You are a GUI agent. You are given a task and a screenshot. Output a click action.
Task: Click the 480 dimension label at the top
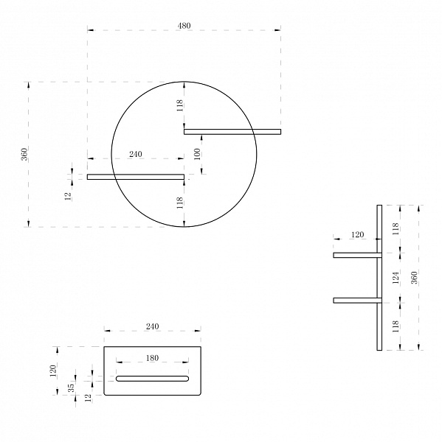click(x=184, y=26)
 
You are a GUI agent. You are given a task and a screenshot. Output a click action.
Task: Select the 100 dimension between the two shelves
click(x=198, y=154)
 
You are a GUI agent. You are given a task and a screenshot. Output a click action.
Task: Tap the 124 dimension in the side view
click(x=396, y=278)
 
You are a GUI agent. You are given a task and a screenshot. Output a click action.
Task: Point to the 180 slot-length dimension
click(x=152, y=358)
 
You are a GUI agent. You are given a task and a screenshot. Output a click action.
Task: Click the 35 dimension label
click(x=72, y=387)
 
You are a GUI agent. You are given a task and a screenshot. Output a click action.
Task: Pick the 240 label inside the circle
click(x=136, y=154)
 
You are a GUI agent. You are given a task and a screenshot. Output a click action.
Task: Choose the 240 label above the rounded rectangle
click(x=152, y=326)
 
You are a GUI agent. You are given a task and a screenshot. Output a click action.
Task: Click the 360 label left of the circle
click(x=24, y=154)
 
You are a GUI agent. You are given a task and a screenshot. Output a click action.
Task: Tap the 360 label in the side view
click(x=414, y=278)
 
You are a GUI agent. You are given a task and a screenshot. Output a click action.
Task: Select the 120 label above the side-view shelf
click(x=358, y=234)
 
